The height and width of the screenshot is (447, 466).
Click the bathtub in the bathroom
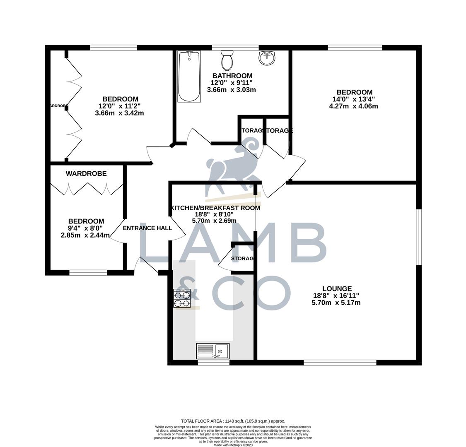(189, 77)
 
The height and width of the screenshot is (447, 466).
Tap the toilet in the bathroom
(227, 60)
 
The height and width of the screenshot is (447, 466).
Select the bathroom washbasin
(267, 58)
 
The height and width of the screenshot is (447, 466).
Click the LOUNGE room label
(337, 289)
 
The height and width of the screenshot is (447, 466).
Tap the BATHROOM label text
(232, 76)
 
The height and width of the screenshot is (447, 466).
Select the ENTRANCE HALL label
(147, 228)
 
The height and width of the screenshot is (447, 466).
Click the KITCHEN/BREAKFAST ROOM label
(216, 208)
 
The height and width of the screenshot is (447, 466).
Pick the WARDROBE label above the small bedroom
(86, 174)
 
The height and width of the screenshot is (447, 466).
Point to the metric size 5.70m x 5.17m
(336, 303)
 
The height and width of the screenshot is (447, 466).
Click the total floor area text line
(233, 421)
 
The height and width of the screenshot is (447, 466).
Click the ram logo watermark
(232, 166)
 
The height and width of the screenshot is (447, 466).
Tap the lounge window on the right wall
(419, 237)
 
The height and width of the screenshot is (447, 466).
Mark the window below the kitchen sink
(213, 363)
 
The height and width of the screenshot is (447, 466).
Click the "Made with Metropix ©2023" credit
(233, 445)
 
